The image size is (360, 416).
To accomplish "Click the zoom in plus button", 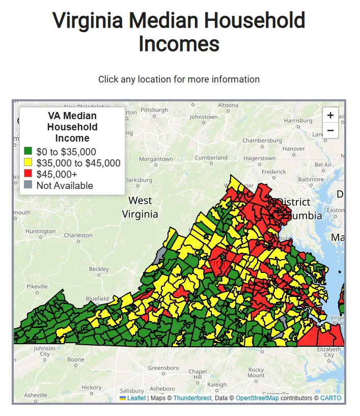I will [x=330, y=115].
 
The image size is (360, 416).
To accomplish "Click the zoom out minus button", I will [x=330, y=130].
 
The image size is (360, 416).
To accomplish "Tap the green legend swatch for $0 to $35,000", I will [x=28, y=151].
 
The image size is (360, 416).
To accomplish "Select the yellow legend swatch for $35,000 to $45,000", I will [x=28, y=162].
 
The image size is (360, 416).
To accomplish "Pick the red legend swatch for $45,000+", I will [x=28, y=174].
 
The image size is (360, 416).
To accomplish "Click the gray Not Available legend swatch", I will [x=28, y=185].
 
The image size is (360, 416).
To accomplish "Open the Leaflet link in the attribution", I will [x=136, y=398].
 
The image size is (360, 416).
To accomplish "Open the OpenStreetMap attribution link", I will [x=257, y=398].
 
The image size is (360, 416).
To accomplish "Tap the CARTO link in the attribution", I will [x=330, y=398].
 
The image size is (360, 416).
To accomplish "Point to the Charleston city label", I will [x=78, y=235].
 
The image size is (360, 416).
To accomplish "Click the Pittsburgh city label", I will [x=154, y=110].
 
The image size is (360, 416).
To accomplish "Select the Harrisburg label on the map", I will [x=298, y=121].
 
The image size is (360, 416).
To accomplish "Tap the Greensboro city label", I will [x=163, y=368].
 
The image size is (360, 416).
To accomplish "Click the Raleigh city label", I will [x=216, y=385].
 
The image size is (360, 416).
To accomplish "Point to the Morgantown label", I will [x=155, y=159].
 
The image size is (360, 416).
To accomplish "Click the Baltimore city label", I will [x=311, y=179].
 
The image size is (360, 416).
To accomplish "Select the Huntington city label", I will [x=40, y=231].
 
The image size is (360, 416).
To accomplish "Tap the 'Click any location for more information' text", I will [x=179, y=79].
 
